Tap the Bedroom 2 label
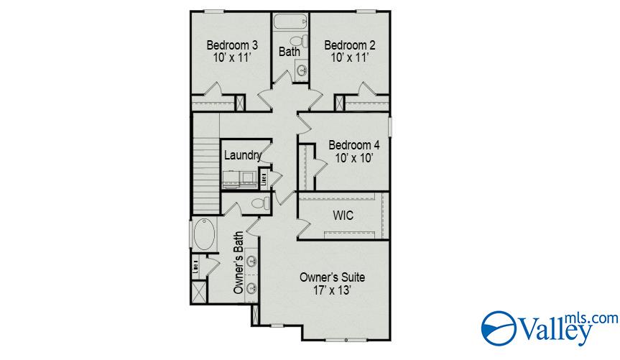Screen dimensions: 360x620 pos(350,45)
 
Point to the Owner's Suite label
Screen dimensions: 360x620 pos(330,277)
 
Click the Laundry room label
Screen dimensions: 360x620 pos(241,155)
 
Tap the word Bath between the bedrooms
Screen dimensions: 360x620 pos(289,52)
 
